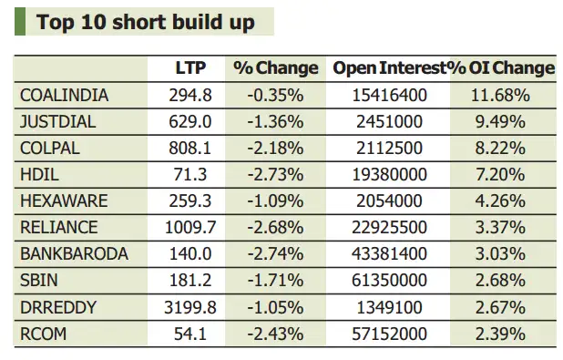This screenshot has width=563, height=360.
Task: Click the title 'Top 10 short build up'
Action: tap(146, 21)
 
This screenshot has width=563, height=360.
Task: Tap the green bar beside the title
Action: tap(19, 21)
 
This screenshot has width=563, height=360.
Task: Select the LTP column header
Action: tap(191, 68)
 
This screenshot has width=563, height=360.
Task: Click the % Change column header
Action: tap(275, 68)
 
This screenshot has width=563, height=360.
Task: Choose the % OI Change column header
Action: tap(502, 68)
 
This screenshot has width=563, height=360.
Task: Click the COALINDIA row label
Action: tap(64, 95)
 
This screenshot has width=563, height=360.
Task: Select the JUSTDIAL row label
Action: tap(58, 121)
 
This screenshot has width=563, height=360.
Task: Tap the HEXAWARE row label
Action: tap(63, 201)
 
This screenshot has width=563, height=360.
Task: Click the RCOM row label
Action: tap(44, 334)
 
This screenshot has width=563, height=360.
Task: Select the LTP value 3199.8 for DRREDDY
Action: tap(190, 307)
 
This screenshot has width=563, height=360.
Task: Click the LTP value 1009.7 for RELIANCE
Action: tap(190, 228)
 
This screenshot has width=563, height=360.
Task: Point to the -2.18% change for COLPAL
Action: tap(275, 148)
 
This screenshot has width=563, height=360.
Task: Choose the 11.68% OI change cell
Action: tap(503, 95)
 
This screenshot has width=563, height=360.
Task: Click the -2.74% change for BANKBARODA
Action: tap(275, 254)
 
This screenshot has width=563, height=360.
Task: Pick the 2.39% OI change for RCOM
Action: tap(503, 334)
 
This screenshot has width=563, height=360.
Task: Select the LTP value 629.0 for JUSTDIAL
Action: tap(190, 121)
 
